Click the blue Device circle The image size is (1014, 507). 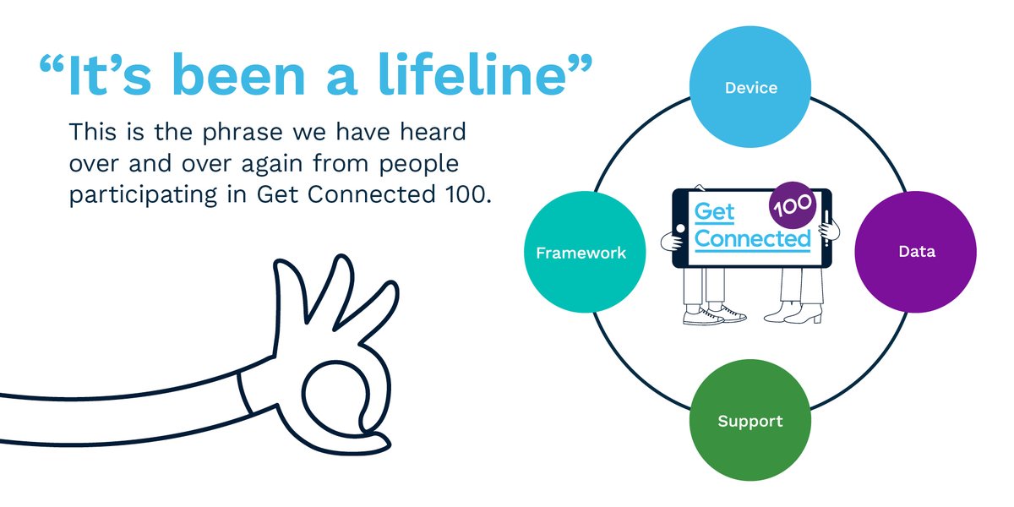pyautogui.click(x=750, y=88)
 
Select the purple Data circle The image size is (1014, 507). pyautogui.click(x=915, y=252)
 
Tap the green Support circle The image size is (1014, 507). pyautogui.click(x=750, y=421)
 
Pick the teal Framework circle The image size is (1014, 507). pyautogui.click(x=581, y=253)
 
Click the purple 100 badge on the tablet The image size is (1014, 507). pyautogui.click(x=792, y=204)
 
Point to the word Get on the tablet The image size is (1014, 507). pyautogui.click(x=715, y=211)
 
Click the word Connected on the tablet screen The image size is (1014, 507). pyautogui.click(x=752, y=239)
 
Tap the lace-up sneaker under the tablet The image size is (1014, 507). pyautogui.click(x=714, y=314)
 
